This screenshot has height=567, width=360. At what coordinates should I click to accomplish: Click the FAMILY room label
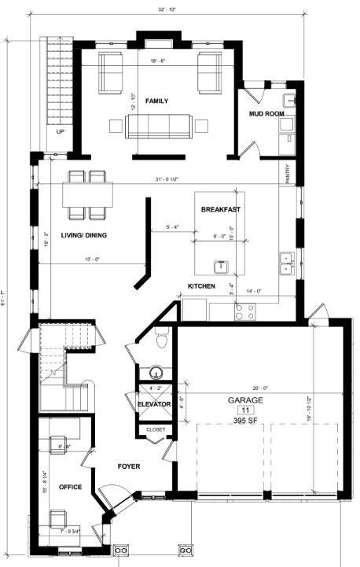coord(156,101)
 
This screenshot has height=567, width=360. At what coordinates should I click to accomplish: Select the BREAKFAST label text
coord(220,209)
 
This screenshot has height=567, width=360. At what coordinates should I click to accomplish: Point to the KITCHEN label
coord(201,286)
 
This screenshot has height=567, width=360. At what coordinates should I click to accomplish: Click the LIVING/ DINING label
coord(86,235)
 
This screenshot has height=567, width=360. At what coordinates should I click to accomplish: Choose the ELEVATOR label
coord(154,404)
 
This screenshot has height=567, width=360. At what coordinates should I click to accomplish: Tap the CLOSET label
coord(155,430)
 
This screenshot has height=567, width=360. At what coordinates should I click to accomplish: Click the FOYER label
coord(129,466)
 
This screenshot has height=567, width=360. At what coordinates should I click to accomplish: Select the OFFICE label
coord(71,488)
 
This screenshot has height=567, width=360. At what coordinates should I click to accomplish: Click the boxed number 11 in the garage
coord(245,410)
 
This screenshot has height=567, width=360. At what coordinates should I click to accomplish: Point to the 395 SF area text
coord(245,421)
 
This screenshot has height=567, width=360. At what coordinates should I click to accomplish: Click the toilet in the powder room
coord(163,339)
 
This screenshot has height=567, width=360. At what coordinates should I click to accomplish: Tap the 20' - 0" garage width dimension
coord(261,388)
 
